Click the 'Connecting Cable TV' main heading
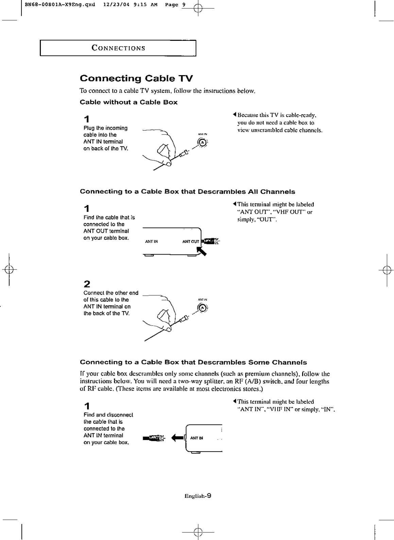(x=136, y=79)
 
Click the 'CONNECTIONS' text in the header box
(x=118, y=48)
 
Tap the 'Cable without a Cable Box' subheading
(x=129, y=102)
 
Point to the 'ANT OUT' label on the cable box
(x=190, y=242)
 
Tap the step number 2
(x=87, y=284)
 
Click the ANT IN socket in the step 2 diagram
(x=202, y=308)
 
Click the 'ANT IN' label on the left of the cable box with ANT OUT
(x=151, y=242)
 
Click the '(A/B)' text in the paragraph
(x=251, y=382)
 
